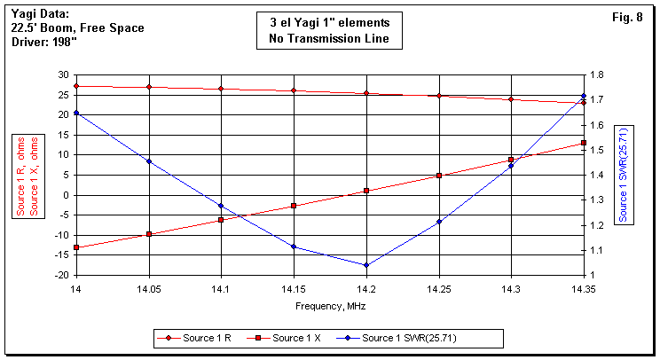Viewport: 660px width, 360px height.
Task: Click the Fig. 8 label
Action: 627,19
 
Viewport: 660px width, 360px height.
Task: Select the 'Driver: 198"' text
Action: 49,43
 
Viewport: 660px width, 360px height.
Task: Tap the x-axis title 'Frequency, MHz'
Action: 329,306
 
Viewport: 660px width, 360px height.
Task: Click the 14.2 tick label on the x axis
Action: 365,289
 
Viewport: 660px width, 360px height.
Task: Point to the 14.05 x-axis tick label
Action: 149,289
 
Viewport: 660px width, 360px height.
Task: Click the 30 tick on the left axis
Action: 63,74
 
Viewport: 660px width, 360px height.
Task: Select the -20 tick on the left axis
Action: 61,275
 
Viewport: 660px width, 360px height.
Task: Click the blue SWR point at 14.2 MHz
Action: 365,265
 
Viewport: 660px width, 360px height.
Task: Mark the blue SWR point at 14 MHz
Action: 76,113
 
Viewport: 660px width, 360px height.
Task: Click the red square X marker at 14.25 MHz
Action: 438,176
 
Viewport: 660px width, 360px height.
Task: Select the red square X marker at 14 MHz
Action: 76,247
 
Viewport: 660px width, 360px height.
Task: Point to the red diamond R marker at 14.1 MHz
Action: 221,89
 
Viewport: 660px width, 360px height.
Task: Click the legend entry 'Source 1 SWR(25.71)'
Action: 410,338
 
